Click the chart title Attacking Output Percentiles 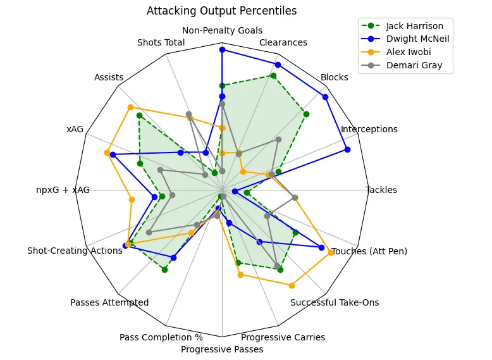coord(221,11)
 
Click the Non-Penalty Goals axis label coord(222,30)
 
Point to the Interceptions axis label coord(369,129)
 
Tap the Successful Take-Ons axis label coord(335,302)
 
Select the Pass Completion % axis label coord(161,337)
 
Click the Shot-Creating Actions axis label coord(75,251)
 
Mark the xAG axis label coord(75,129)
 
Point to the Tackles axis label coord(381,190)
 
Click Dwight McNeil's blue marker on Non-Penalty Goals coord(222,49)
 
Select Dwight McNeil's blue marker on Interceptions coord(347,149)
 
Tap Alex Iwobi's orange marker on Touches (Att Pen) coord(331,252)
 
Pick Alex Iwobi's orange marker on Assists coord(130,107)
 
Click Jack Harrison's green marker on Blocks coord(306,114)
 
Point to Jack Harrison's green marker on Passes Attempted coord(164,270)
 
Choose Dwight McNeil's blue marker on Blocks coord(325,97)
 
